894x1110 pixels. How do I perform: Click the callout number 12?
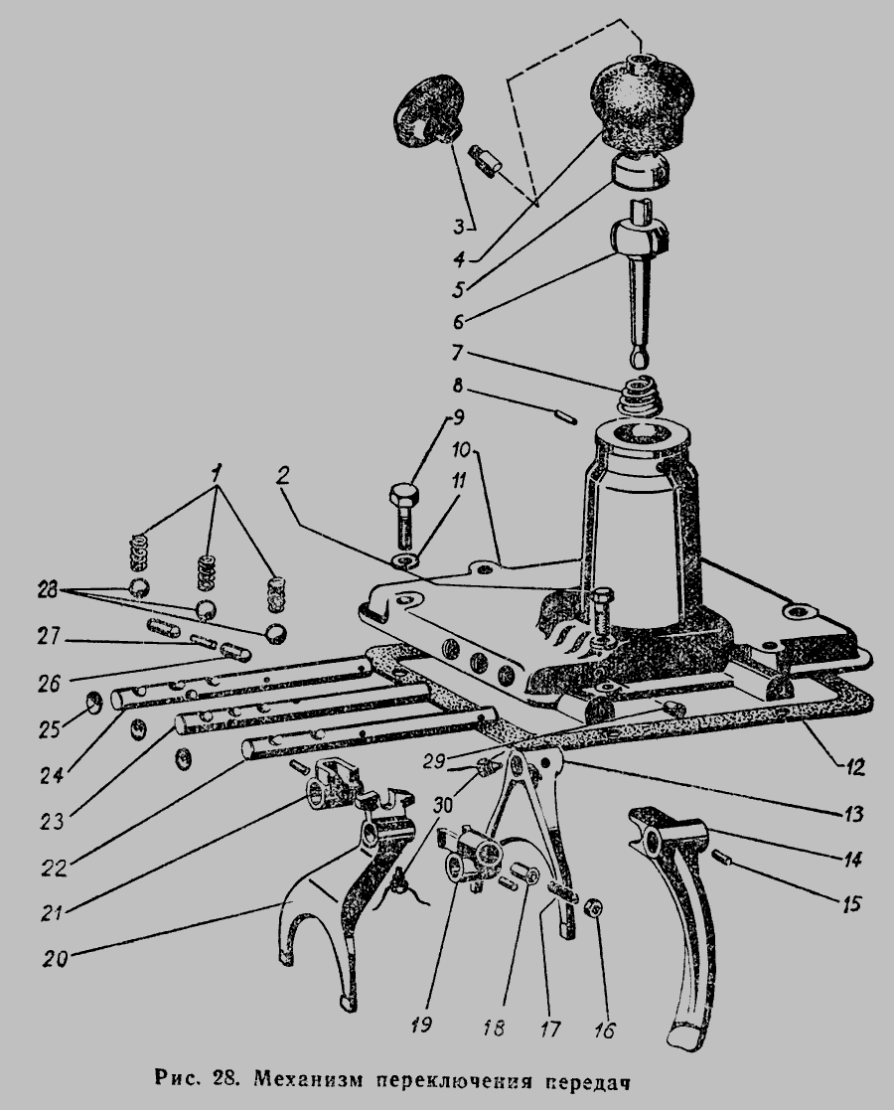point(854,766)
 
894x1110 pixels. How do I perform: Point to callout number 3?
point(459,227)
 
